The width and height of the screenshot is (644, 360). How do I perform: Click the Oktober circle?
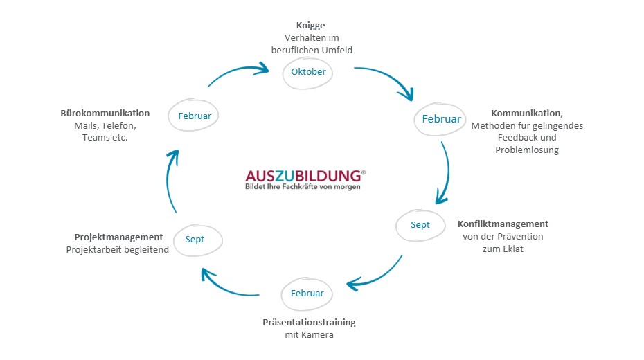[308, 72]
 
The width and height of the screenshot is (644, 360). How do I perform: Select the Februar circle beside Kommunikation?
[441, 119]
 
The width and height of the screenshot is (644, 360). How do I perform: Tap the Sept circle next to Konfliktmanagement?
[420, 225]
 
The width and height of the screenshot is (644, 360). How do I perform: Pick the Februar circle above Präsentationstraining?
[307, 294]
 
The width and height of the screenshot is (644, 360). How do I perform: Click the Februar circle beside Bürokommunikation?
[195, 116]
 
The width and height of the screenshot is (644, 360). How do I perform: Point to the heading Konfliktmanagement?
[503, 224]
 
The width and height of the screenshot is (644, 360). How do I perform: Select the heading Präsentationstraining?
[309, 323]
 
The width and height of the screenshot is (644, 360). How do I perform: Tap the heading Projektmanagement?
[119, 237]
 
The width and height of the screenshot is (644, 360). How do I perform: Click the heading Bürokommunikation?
[105, 113]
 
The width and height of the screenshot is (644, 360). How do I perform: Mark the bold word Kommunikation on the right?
[526, 113]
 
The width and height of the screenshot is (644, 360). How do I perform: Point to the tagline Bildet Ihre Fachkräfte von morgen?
[303, 186]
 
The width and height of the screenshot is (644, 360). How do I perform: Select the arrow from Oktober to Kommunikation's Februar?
[388, 78]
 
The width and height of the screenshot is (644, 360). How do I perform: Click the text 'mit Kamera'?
[309, 336]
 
